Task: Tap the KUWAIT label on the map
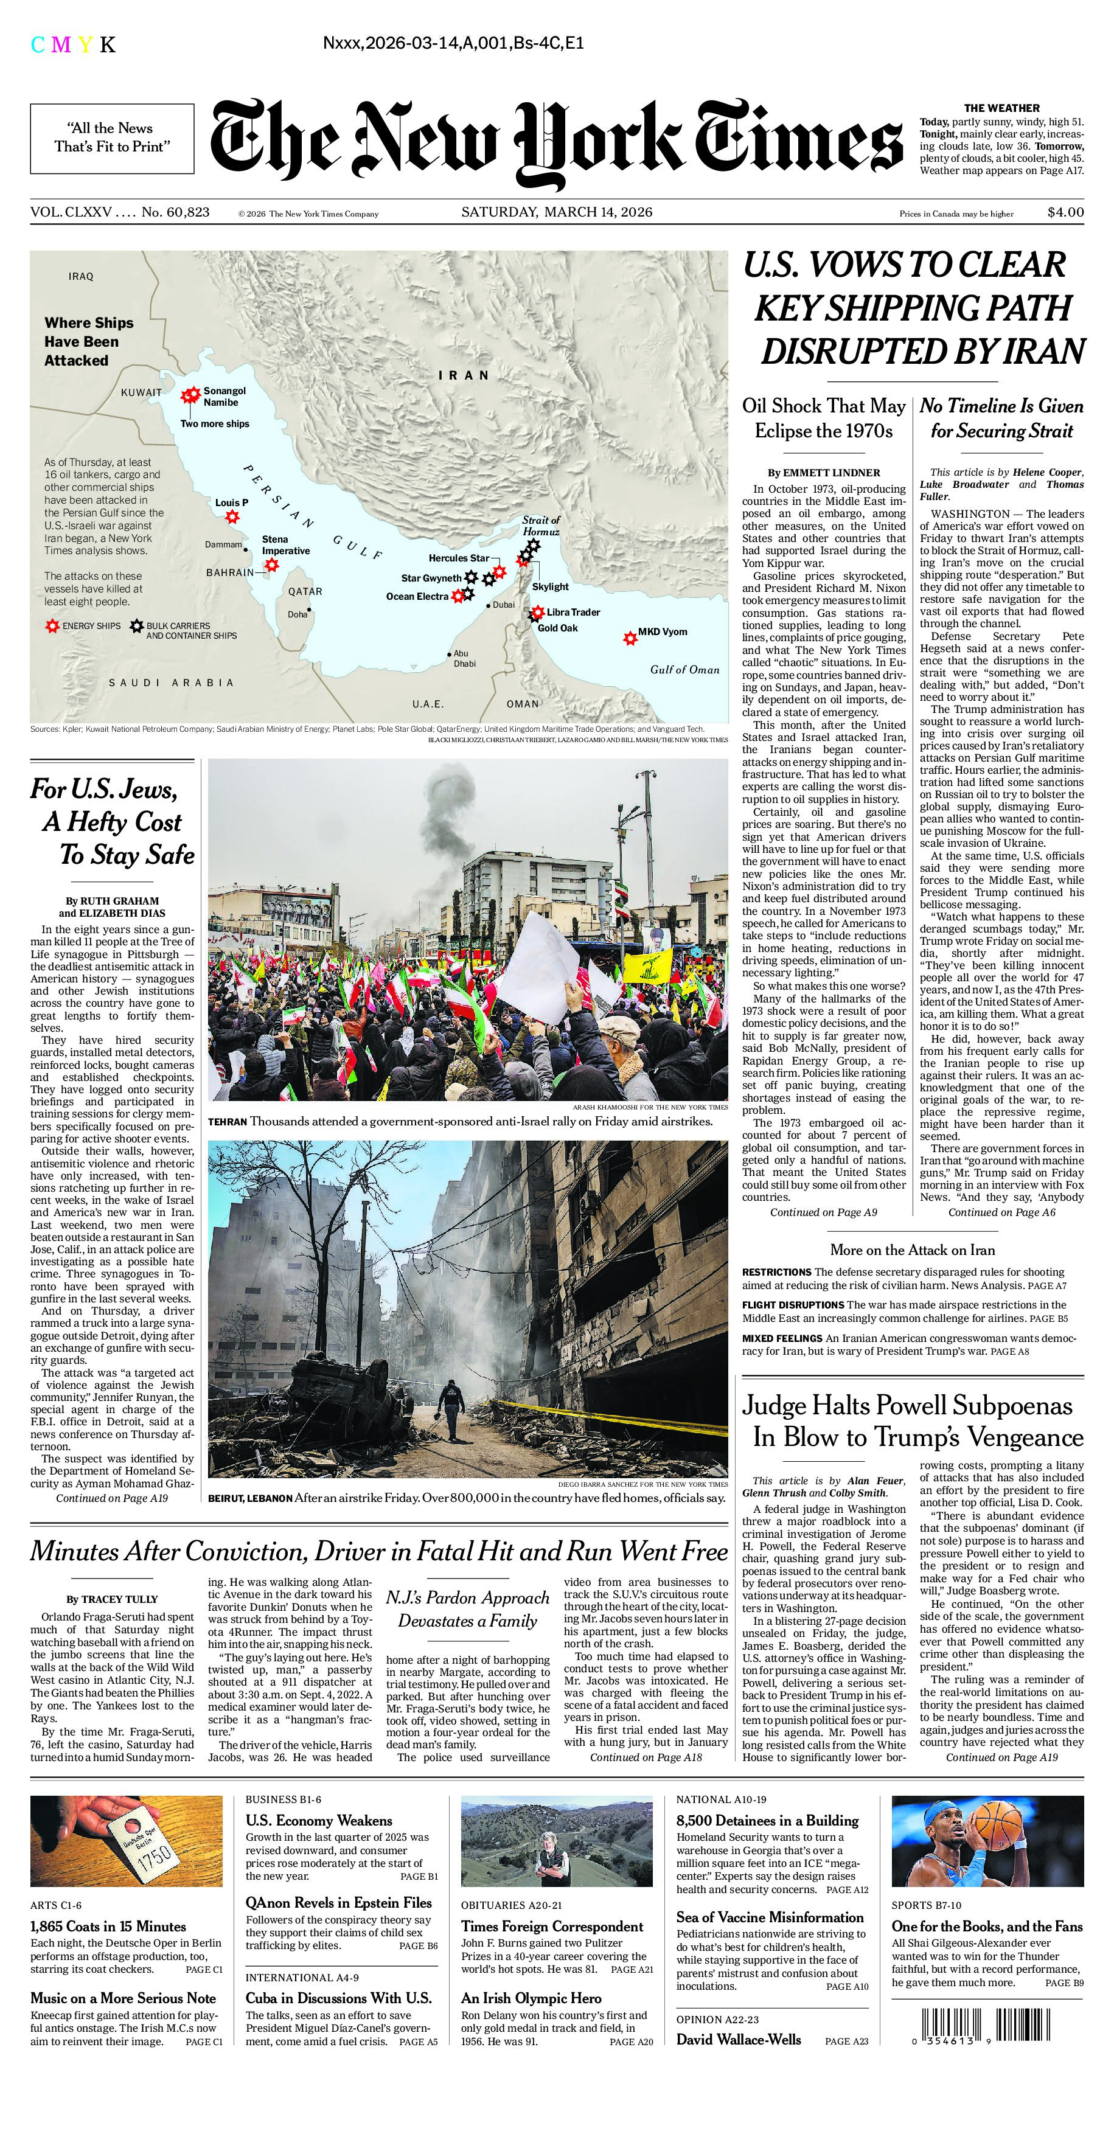[141, 392]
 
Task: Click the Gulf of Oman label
[684, 670]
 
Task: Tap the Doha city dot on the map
[308, 611]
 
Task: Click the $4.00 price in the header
[1065, 212]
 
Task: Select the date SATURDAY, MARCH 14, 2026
[557, 212]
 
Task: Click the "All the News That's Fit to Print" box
[112, 137]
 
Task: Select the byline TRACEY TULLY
[112, 1599]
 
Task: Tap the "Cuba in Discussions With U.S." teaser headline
[338, 1998]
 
